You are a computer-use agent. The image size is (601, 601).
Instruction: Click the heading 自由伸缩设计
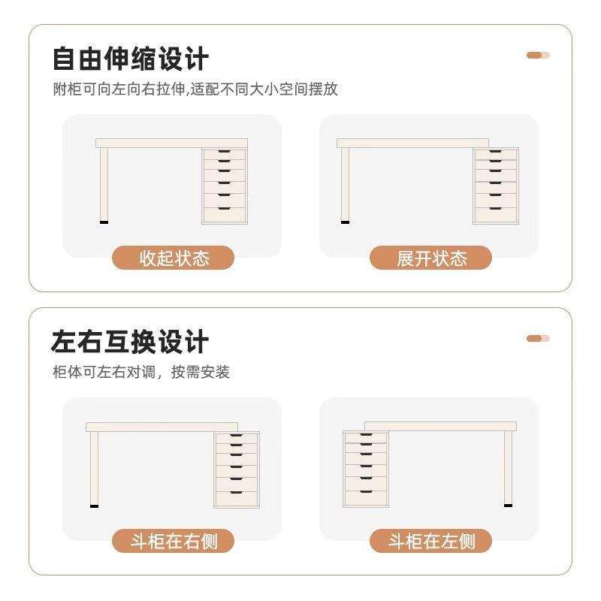[x=130, y=59]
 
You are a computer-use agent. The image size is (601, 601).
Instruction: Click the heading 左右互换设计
[x=130, y=342]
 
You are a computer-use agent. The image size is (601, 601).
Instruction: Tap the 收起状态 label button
[x=174, y=258]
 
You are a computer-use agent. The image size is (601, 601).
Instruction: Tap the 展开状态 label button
[x=431, y=258]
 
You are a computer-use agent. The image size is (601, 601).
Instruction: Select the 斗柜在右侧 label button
[x=174, y=541]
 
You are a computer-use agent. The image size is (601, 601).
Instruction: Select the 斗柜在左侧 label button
[x=431, y=541]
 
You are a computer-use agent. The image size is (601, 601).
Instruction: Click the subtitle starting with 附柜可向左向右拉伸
[x=195, y=89]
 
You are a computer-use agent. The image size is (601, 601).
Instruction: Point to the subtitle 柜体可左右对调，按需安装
[x=140, y=372]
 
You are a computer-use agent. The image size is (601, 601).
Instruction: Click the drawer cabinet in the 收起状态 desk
[x=225, y=186]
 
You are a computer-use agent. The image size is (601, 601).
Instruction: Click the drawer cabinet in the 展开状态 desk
[x=495, y=186]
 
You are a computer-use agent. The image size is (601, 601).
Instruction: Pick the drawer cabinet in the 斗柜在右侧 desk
[x=237, y=469]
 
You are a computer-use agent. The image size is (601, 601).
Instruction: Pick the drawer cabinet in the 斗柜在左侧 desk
[x=365, y=469]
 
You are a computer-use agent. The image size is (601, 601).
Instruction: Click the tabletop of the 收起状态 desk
[x=171, y=143]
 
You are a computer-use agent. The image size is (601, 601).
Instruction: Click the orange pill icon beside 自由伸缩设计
[x=538, y=55]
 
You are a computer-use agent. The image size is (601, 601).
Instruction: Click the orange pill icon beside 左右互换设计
[x=538, y=338]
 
